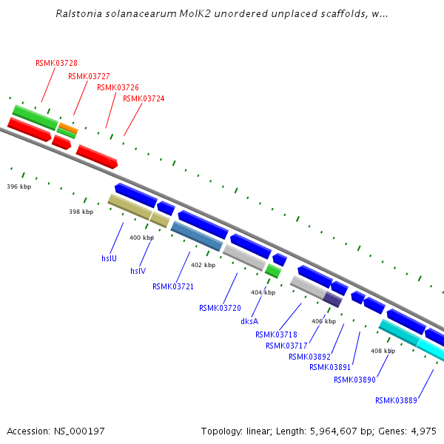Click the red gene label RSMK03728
(x=56, y=63)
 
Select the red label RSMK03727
(x=89, y=76)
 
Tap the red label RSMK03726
(x=118, y=87)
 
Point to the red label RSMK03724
(x=144, y=98)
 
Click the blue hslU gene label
(x=109, y=258)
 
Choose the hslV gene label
(x=138, y=271)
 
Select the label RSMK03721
(x=173, y=286)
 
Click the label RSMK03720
(x=220, y=308)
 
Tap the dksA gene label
(x=249, y=321)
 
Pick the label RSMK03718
(x=276, y=334)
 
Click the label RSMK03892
(x=309, y=357)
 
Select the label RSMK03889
(x=396, y=400)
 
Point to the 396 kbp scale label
(x=18, y=186)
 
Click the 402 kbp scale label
(x=203, y=265)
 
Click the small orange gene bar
(x=68, y=127)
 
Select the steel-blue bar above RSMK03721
(x=197, y=236)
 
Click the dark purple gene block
(x=332, y=300)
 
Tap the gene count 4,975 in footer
(x=423, y=431)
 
